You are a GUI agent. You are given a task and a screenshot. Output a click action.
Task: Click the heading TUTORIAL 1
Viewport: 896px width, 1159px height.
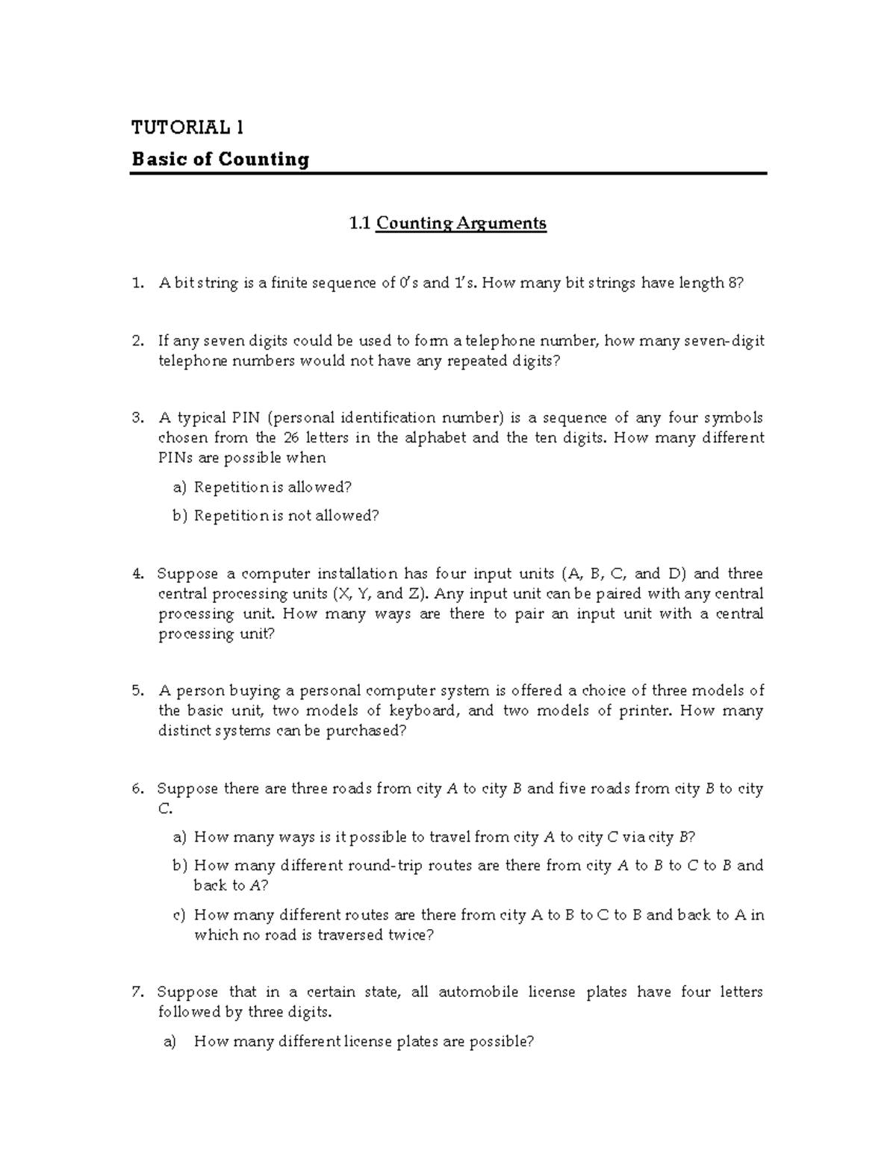(x=187, y=128)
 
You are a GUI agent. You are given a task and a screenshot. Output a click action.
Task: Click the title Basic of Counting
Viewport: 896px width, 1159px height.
(x=220, y=160)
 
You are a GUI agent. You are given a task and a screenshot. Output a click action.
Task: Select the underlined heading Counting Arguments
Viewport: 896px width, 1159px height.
(x=461, y=223)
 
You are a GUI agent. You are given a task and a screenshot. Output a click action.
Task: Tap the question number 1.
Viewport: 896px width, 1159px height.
(x=136, y=284)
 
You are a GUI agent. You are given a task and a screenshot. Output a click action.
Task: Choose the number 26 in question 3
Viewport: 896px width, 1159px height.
(x=295, y=438)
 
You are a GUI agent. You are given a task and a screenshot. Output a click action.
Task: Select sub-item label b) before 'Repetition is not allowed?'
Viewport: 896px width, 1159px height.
(x=178, y=516)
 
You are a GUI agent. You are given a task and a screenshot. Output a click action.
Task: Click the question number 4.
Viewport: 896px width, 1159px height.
(x=137, y=574)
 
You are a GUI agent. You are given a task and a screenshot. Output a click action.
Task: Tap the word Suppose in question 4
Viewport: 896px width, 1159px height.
(x=187, y=574)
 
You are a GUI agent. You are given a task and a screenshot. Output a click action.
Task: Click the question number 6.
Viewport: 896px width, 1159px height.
(x=137, y=789)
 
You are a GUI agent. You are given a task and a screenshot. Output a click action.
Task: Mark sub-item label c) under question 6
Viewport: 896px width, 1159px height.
(x=178, y=915)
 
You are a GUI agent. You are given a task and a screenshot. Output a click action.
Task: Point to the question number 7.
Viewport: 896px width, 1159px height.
(x=137, y=993)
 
